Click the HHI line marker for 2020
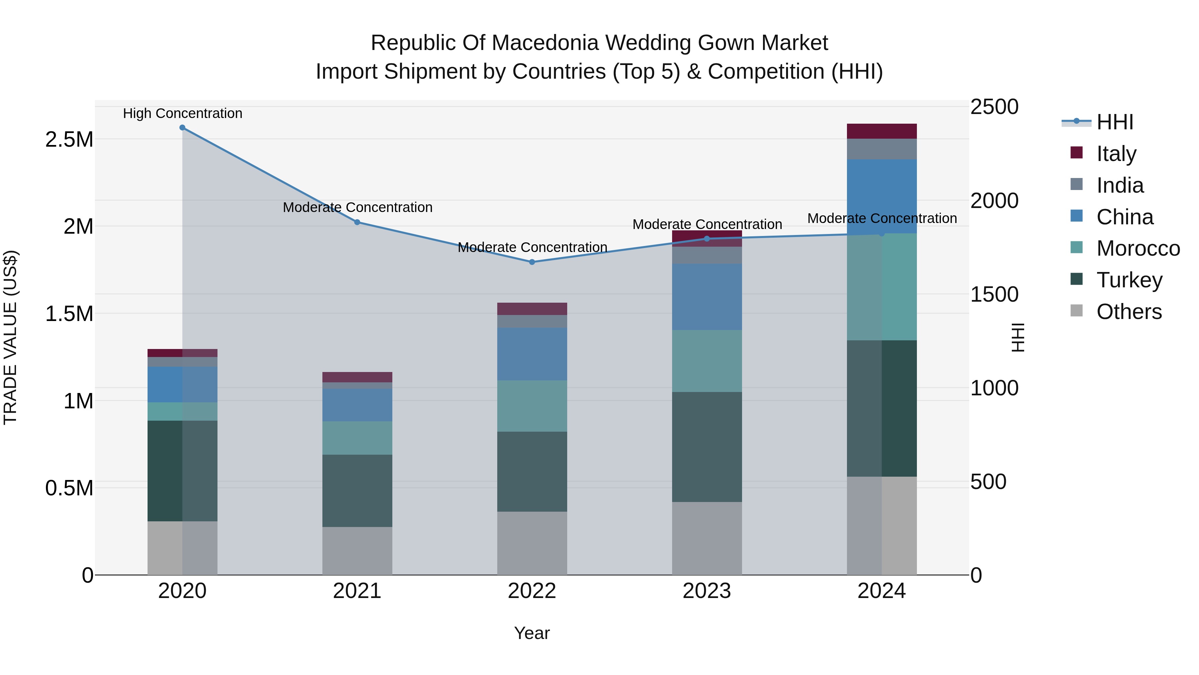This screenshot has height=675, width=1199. (183, 128)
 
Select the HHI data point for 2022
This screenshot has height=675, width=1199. (532, 262)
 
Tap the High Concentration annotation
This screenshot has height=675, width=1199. (183, 114)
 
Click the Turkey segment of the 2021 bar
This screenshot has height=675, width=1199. (357, 491)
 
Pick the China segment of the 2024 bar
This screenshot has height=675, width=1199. (882, 196)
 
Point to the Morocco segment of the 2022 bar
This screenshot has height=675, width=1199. (532, 406)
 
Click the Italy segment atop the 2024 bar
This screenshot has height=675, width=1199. (882, 131)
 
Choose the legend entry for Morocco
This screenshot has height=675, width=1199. (1138, 248)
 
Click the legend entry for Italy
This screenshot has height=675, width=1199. (1116, 154)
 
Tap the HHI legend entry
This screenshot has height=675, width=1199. (1114, 122)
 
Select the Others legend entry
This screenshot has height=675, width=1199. (1129, 312)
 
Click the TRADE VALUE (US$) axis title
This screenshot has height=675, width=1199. (10, 337)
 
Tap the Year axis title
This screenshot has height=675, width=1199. (532, 633)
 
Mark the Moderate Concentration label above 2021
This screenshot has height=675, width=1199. (357, 207)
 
